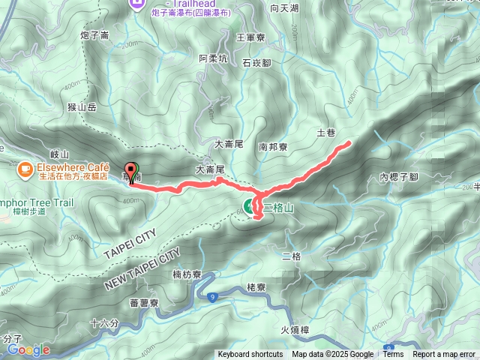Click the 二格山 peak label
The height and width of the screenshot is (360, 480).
tap(277, 205)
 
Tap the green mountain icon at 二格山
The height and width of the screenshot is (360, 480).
tap(248, 205)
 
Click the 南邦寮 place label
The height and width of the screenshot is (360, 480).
tap(272, 148)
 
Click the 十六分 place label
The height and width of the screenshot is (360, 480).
tap(103, 323)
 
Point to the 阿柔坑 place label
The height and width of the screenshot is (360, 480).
tap(213, 58)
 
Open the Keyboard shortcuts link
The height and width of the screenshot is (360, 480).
tap(250, 355)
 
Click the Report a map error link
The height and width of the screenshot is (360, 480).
tap(443, 355)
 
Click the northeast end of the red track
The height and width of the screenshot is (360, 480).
tap(349, 142)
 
